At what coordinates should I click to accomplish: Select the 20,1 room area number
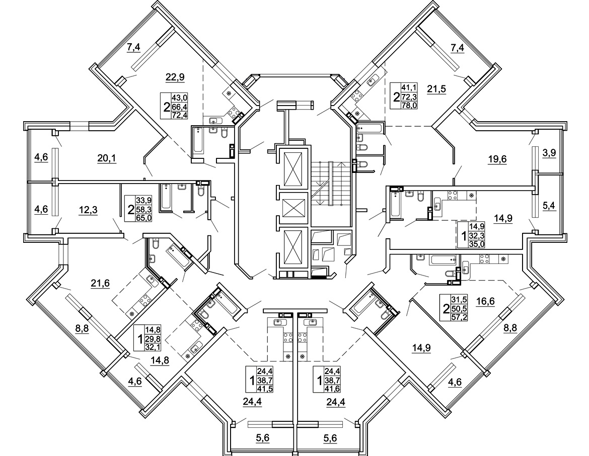[106, 159]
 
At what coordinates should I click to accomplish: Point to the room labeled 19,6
[497, 160]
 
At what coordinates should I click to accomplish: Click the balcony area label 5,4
[549, 206]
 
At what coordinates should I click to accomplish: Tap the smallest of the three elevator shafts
[294, 208]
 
